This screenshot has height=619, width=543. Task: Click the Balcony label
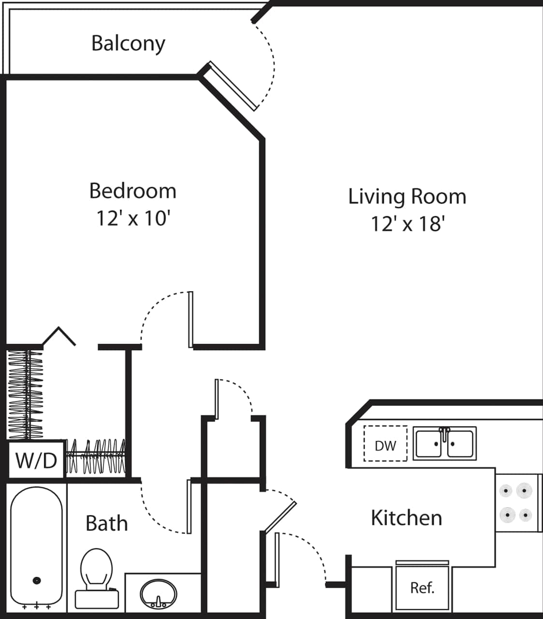click(128, 44)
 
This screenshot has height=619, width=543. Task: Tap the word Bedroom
click(132, 191)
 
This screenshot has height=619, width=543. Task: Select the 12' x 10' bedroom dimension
click(132, 218)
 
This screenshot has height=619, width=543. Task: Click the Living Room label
click(407, 196)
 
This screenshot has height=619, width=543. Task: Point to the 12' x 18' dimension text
click(407, 224)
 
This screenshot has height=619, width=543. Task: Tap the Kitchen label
click(406, 518)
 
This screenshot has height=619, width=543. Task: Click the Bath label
click(106, 524)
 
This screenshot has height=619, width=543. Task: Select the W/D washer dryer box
click(36, 460)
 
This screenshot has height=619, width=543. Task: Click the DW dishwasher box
click(385, 444)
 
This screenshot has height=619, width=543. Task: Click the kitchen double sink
click(445, 443)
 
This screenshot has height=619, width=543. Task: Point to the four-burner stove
click(516, 503)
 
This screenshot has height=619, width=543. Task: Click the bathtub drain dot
click(37, 580)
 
